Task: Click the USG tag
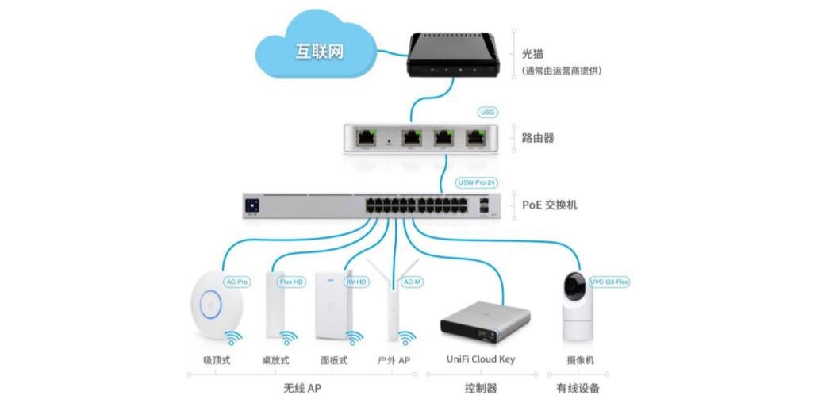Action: coord(486,113)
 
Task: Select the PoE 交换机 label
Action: coord(549,205)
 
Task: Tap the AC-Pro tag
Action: coord(237,282)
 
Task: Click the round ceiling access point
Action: coord(212,302)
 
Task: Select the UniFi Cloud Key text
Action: coord(477,359)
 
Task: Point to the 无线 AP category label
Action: coord(302,389)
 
